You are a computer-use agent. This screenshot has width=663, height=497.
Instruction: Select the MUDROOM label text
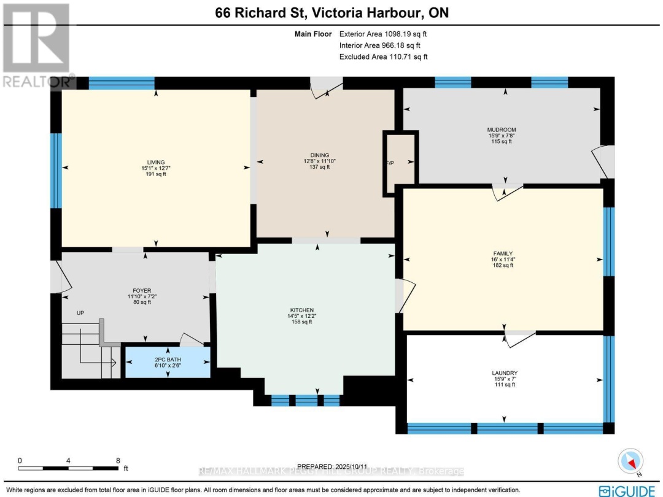coord(501,130)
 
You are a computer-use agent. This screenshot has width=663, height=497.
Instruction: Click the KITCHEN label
coord(302,310)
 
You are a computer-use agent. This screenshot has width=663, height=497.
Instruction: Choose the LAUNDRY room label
coord(505,373)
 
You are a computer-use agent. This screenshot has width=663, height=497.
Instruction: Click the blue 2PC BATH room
coord(167,363)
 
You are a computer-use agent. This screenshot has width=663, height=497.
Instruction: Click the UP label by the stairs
coord(80,313)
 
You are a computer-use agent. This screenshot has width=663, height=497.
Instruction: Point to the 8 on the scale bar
coord(117,460)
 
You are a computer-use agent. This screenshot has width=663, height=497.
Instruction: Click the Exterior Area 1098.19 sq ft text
coord(383,34)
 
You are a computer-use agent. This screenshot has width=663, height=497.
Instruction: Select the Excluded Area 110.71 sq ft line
coord(383,56)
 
